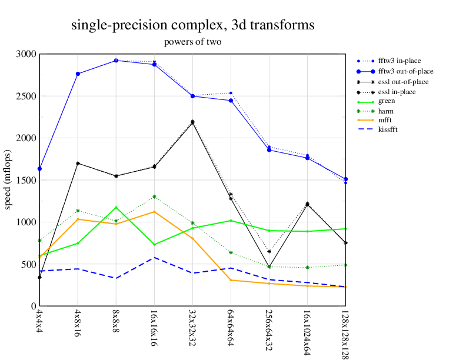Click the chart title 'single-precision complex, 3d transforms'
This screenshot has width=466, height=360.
pyautogui.click(x=192, y=25)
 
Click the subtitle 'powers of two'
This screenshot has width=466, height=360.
pyautogui.click(x=192, y=42)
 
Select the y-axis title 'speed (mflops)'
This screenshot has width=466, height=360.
pyautogui.click(x=9, y=180)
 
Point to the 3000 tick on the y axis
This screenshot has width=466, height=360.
pyautogui.click(x=26, y=54)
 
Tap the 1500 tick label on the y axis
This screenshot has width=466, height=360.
pyautogui.click(x=26, y=180)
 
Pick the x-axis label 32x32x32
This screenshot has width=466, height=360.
pyautogui.click(x=192, y=326)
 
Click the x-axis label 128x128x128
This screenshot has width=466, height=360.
pyautogui.click(x=345, y=332)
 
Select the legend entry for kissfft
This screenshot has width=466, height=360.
pyautogui.click(x=387, y=129)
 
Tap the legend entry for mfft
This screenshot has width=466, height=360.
pyautogui.click(x=385, y=119)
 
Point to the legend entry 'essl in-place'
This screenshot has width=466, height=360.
pyautogui.click(x=398, y=91)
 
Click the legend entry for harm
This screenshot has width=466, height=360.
pyautogui.click(x=385, y=110)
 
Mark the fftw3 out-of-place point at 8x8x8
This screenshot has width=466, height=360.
pyautogui.click(x=116, y=61)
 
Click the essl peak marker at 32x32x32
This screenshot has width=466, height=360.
pyautogui.click(x=192, y=122)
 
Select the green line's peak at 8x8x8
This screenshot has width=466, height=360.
pyautogui.click(x=116, y=208)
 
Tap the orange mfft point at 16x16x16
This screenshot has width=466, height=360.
pyautogui.click(x=154, y=212)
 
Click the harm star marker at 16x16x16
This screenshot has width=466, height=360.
pyautogui.click(x=154, y=197)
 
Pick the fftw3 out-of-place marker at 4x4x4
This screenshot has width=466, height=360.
pyautogui.click(x=39, y=169)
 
